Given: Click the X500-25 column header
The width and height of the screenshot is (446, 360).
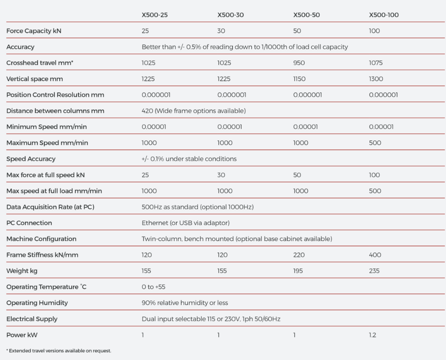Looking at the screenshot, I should point(155,15).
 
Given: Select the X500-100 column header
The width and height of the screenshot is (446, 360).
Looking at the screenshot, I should point(384,15).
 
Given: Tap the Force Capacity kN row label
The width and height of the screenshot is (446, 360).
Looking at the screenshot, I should point(34,31).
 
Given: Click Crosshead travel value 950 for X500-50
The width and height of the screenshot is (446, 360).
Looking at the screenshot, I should point(299,63).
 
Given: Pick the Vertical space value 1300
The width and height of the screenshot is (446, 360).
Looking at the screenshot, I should point(376,79).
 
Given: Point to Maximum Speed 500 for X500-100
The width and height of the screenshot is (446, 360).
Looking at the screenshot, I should point(375,143).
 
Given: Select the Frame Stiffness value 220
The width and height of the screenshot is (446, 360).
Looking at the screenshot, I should point(299,255).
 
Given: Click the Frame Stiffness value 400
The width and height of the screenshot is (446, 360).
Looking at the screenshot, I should point(375,255).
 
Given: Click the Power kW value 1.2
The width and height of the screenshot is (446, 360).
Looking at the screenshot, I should point(372,335).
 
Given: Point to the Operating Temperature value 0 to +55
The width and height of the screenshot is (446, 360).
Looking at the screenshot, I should point(153,287).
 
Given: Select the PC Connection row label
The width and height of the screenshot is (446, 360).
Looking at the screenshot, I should point(29,223).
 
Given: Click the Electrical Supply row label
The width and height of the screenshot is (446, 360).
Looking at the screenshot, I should point(32,319).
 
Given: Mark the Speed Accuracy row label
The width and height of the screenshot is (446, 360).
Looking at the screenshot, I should point(31,159).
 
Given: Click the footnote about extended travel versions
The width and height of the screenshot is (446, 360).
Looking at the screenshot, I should point(59,351).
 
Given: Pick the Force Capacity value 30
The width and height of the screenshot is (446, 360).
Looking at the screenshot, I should point(221,31).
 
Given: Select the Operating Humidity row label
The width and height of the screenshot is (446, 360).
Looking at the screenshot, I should point(37,303).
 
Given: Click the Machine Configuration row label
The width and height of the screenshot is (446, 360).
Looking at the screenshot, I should point(41,239).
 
